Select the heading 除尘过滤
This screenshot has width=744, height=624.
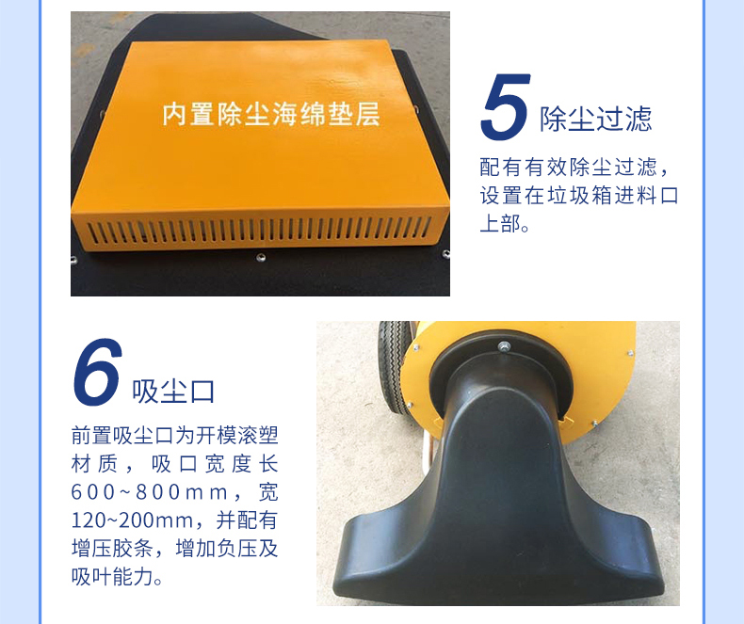(595, 119)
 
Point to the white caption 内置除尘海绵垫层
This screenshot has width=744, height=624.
(270, 116)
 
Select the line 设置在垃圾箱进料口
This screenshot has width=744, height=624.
(578, 197)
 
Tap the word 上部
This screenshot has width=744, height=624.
(499, 226)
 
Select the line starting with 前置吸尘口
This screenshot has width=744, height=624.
(174, 436)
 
